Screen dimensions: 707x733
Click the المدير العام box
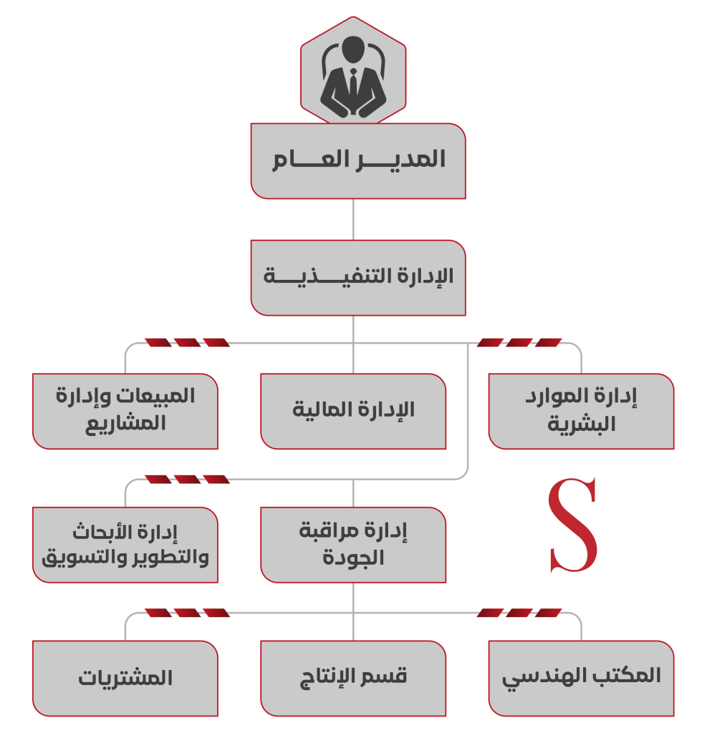[358, 161]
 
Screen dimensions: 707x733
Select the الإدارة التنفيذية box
[358, 278]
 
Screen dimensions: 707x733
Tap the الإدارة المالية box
[353, 412]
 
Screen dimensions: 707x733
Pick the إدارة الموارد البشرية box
[581, 412]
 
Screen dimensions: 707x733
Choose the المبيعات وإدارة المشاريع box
[125, 412]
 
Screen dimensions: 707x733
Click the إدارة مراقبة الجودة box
[353, 545]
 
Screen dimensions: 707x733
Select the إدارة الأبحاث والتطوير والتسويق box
[125, 545]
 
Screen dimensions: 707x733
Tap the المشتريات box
[125, 679]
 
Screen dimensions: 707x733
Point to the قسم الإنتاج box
[353, 679]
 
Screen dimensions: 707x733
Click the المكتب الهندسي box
[581, 679]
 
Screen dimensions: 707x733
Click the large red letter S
[573, 525]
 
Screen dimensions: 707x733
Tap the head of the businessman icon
[353, 49]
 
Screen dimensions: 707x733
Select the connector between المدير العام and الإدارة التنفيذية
[353, 220]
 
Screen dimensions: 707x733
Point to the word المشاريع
[125, 424]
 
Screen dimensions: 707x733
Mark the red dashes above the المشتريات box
[187, 613]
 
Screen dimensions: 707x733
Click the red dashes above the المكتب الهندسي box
[519, 613]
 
